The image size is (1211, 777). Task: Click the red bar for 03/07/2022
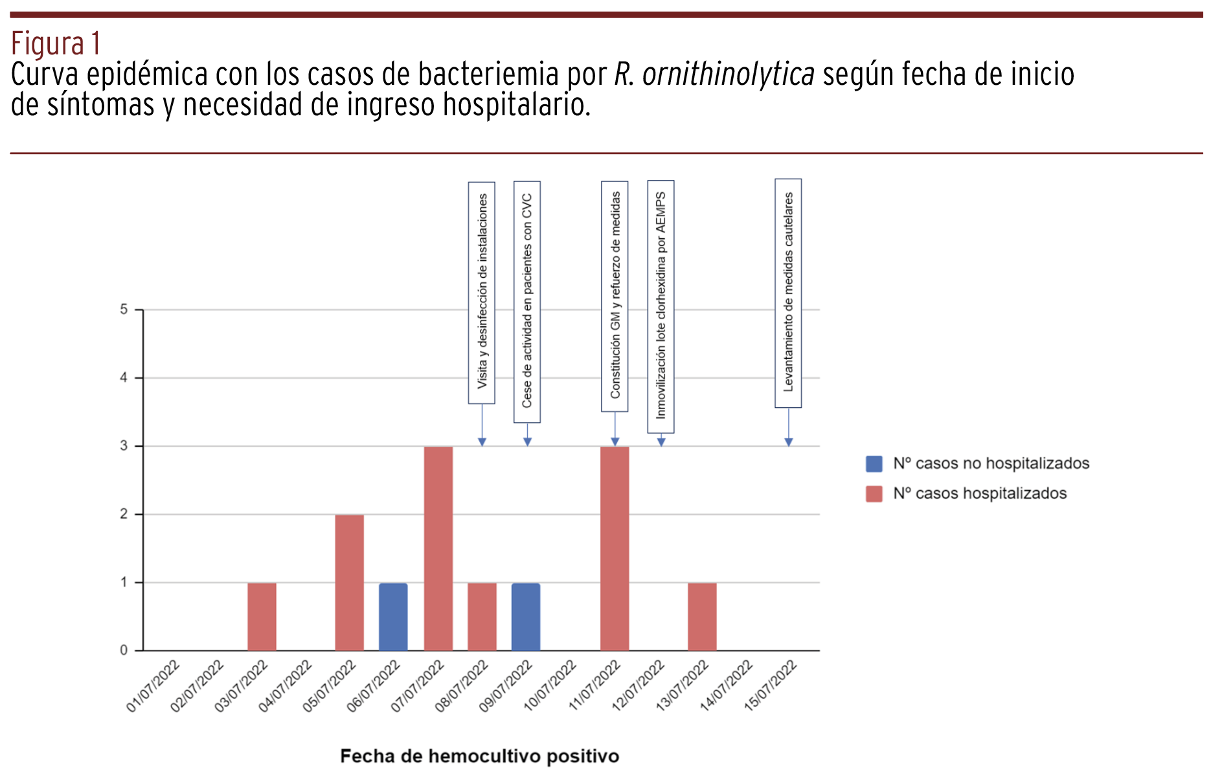click(262, 616)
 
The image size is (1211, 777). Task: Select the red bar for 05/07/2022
click(349, 582)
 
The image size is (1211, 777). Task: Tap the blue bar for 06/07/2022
click(393, 616)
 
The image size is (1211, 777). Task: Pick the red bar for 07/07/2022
click(438, 548)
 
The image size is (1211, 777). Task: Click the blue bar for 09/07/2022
click(525, 616)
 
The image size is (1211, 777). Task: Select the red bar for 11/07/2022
click(614, 548)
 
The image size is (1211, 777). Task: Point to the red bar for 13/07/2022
click(702, 616)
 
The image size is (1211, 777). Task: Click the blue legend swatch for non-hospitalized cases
click(874, 464)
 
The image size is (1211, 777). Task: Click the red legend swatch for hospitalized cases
click(874, 493)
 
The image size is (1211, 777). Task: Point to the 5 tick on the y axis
click(124, 310)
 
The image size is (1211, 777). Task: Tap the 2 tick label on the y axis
click(124, 514)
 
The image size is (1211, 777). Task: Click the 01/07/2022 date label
click(153, 686)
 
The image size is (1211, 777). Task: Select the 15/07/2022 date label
click(771, 686)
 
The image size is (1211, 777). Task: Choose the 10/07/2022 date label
click(550, 686)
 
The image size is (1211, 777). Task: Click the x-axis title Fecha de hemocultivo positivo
click(479, 756)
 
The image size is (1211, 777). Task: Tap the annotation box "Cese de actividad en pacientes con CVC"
click(527, 302)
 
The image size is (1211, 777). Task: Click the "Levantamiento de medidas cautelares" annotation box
click(788, 293)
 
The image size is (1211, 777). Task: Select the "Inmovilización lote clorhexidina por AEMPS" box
click(661, 306)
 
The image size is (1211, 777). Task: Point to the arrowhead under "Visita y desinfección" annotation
click(482, 442)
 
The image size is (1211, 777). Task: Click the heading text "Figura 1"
click(56, 44)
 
